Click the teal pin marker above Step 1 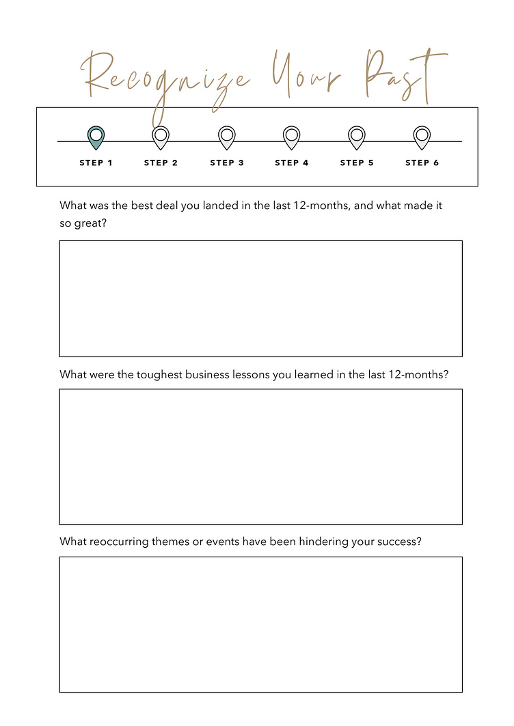tap(96, 137)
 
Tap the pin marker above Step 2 tap(161, 137)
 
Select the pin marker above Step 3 tap(226, 137)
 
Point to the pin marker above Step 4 tap(291, 137)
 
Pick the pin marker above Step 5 tap(356, 137)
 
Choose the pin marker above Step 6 tap(422, 137)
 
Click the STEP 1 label tap(96, 163)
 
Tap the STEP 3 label tap(227, 163)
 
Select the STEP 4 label tap(292, 163)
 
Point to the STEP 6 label tap(422, 163)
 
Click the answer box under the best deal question tap(260, 298)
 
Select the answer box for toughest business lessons tap(260, 456)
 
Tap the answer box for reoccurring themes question tap(260, 624)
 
